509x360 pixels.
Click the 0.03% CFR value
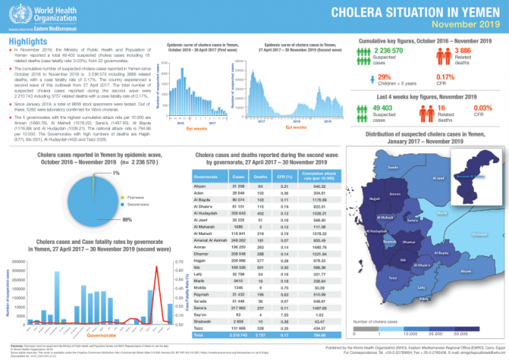click(x=482, y=109)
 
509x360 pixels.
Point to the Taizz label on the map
click(x=392, y=298)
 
